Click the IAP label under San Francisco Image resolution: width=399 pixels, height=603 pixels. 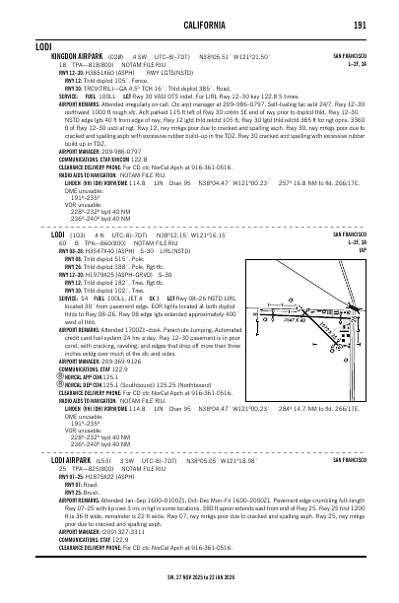[362, 250]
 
